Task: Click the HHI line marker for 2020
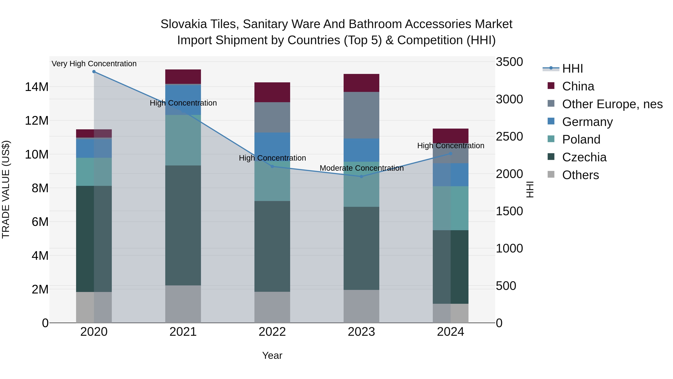[94, 72]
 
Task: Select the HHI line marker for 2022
[272, 167]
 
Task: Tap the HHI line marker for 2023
[362, 176]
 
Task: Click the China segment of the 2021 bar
[183, 77]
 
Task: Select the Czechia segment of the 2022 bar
[272, 246]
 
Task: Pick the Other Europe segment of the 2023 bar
[362, 115]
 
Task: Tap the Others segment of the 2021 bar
[183, 304]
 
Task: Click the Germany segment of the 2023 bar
[362, 150]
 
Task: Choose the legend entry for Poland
[581, 139]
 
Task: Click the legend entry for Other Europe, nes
[612, 104]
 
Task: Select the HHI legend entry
[572, 69]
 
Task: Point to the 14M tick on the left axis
[37, 87]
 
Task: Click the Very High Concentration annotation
[94, 64]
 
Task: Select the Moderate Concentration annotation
[362, 168]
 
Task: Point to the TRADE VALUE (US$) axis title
[6, 189]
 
